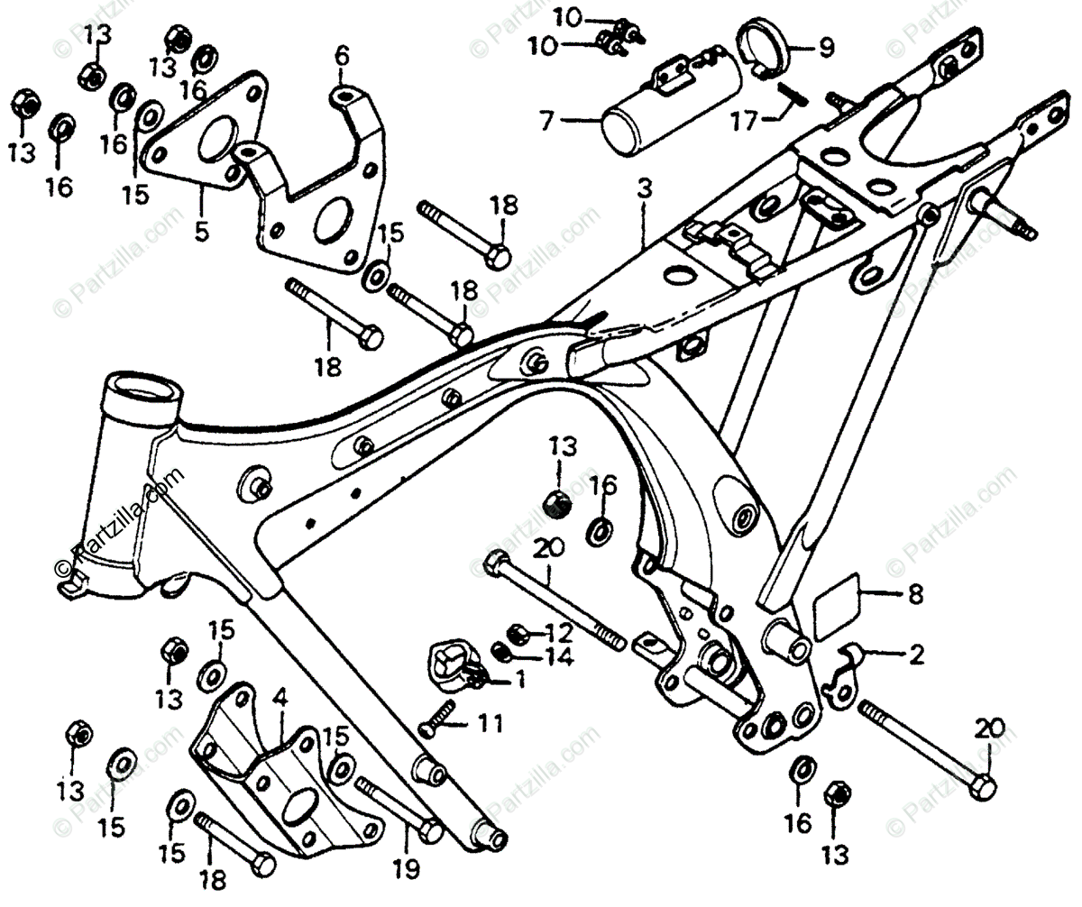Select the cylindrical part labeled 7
click(672, 105)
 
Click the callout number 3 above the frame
click(644, 190)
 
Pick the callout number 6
click(341, 56)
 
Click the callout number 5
click(200, 231)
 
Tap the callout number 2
click(916, 655)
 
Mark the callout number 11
click(490, 722)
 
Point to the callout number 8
click(915, 595)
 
